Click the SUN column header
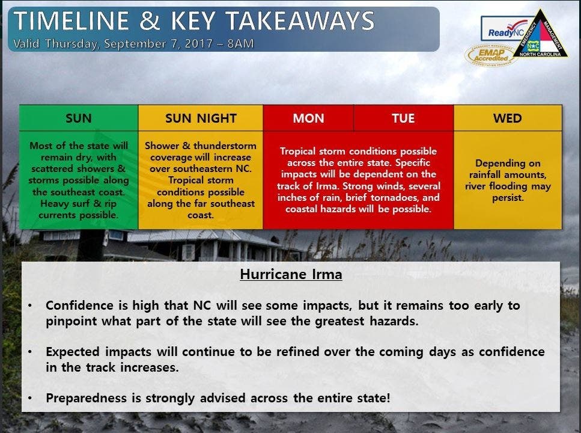point(79,118)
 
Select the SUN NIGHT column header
point(201,118)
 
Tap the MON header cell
point(308,118)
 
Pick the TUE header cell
point(403,118)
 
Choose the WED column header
point(507,118)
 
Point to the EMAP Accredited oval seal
point(491,55)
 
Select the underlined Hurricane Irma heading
point(291,275)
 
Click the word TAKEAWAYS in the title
point(300,20)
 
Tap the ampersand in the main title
point(150,20)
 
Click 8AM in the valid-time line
point(240,43)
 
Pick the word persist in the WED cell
point(508,198)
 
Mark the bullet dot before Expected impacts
point(30,352)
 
